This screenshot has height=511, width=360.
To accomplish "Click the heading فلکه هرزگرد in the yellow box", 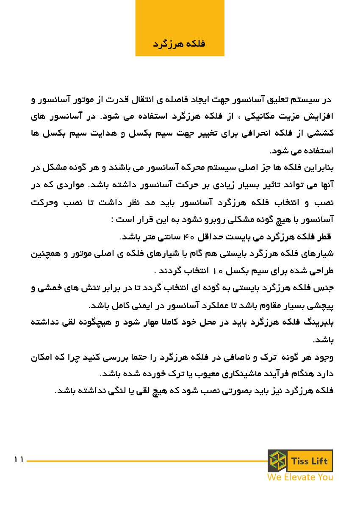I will coord(179,44).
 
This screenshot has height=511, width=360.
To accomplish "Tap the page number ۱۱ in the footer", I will coord(19,460).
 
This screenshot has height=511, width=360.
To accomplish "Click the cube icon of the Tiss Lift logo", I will coord(277,461).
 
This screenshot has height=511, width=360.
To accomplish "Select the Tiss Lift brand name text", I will coord(309,461).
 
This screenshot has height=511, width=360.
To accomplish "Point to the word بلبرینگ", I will coord(318,322).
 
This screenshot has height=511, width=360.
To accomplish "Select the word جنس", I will coord(326,288).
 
